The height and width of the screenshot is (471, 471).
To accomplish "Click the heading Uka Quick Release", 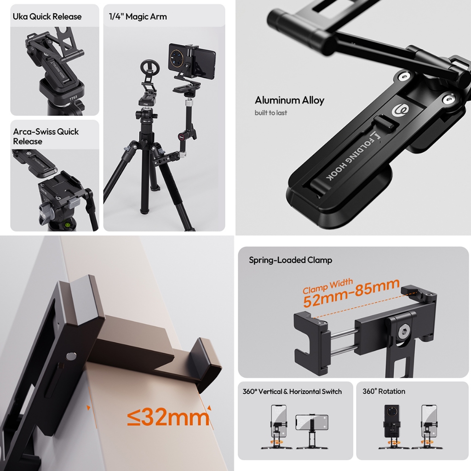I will point(47,17).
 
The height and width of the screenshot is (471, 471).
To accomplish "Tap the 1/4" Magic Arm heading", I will point(138,17).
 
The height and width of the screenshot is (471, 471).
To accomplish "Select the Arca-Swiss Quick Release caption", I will point(46,136).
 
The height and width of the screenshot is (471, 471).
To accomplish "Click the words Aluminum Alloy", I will point(289,100).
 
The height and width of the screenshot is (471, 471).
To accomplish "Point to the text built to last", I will point(270,113).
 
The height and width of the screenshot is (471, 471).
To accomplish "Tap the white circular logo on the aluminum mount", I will point(398,111).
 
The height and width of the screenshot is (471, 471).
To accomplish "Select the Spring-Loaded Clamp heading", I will point(290,260).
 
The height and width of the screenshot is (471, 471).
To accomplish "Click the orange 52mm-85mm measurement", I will point(351,293).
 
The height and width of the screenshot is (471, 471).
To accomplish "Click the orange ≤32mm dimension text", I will point(168,418).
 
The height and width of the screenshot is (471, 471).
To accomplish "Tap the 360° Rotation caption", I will point(384,391).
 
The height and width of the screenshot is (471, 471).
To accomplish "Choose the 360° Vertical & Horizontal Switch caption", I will point(292,391).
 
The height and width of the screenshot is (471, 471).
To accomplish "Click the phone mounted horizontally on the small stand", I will point(311,422).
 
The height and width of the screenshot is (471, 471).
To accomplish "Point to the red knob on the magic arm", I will point(182,136).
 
